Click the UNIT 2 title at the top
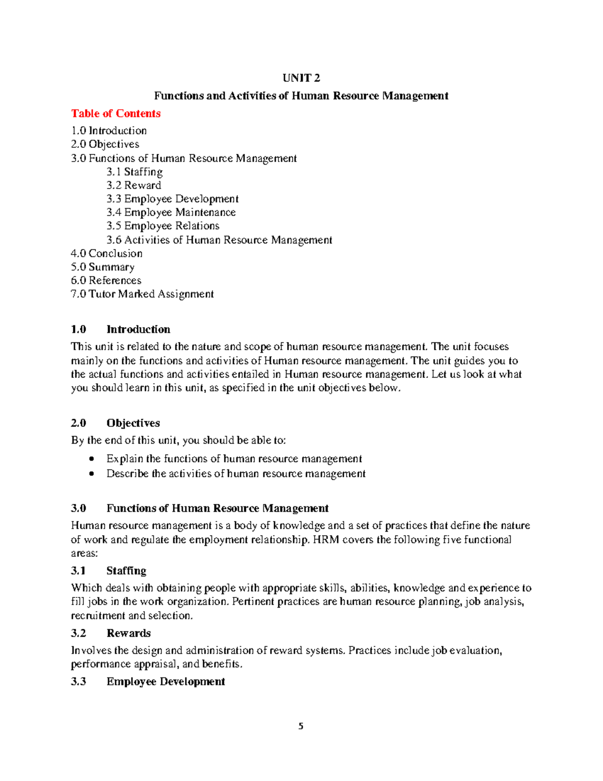click(301, 78)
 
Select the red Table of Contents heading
click(116, 114)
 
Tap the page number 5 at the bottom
click(301, 726)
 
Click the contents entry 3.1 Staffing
click(134, 172)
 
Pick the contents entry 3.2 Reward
click(134, 186)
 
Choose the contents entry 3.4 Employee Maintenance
click(171, 213)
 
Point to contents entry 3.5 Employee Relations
click(163, 226)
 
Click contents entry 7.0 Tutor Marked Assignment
click(142, 294)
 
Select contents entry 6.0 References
click(106, 281)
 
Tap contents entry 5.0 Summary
click(103, 267)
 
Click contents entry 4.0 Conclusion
click(107, 253)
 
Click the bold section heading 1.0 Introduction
click(121, 329)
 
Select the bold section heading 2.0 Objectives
click(116, 423)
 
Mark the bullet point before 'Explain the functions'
click(91, 459)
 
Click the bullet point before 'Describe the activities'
click(91, 474)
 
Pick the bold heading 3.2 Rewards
click(111, 633)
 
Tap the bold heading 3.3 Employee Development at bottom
click(148, 682)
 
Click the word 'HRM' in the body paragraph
click(326, 540)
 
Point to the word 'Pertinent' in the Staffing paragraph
click(254, 601)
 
